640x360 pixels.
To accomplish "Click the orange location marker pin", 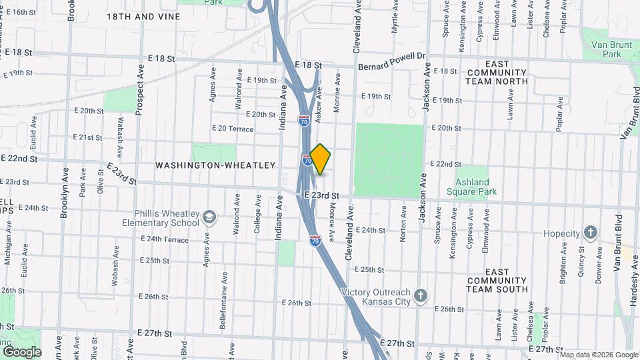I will point(320,159).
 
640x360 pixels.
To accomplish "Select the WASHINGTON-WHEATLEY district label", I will point(215,165).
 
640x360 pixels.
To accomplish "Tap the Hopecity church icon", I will point(590,233).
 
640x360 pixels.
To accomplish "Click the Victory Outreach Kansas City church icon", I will point(420,296).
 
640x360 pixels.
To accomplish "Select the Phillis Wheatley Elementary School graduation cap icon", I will point(209,218).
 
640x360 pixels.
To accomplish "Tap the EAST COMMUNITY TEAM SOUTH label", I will point(497,281).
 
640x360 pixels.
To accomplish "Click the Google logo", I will point(22,351).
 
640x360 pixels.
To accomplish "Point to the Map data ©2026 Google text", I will point(599,355).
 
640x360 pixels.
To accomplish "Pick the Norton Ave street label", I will point(403,223).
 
